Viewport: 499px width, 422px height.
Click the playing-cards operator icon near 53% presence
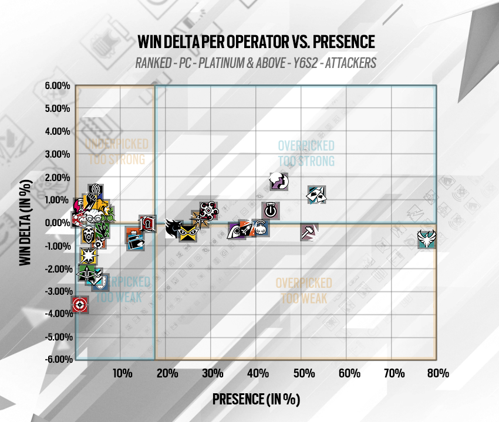(x=317, y=195)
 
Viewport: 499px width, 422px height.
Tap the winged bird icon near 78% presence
(x=427, y=239)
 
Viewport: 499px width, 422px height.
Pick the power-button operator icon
(x=270, y=210)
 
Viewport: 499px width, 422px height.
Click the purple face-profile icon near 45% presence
(x=279, y=182)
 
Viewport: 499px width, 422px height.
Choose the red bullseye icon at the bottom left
(x=80, y=305)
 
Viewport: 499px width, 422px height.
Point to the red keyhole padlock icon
(x=147, y=223)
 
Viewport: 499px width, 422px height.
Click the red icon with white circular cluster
(x=208, y=210)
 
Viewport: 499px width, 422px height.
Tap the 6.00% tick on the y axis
(x=58, y=86)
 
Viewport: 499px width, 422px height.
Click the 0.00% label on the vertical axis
(x=58, y=223)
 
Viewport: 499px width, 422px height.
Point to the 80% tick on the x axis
(x=438, y=373)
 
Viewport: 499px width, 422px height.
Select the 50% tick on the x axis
(x=302, y=373)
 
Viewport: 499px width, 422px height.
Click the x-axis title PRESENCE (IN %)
(x=256, y=399)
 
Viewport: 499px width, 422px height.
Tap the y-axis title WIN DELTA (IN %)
(x=26, y=223)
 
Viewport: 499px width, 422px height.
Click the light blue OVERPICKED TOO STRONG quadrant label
(x=306, y=153)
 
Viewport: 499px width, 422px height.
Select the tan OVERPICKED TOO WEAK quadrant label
(x=304, y=291)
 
